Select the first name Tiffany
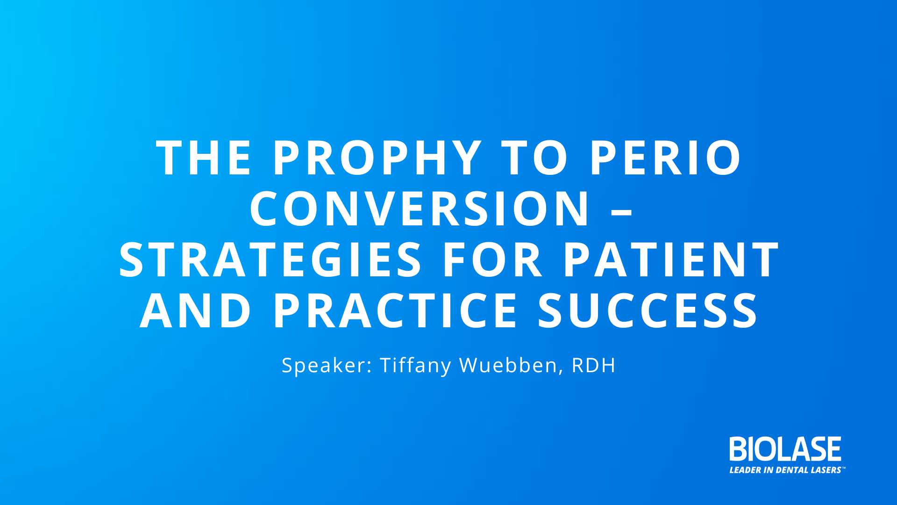coord(416,366)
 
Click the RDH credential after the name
coord(594,365)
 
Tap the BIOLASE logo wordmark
coord(785,449)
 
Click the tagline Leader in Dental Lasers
coord(787,470)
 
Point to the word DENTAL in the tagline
coord(792,470)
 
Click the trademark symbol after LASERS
coord(844,468)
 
